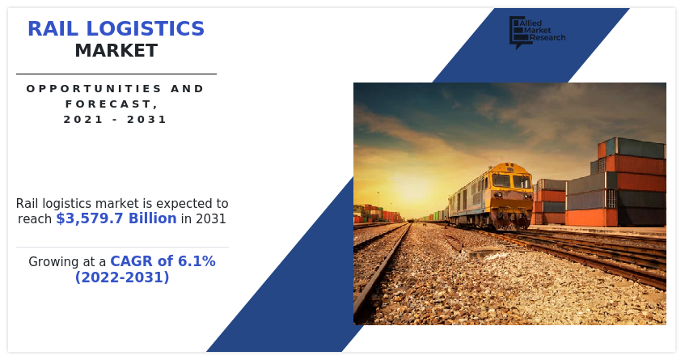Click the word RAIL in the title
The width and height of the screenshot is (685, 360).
click(53, 29)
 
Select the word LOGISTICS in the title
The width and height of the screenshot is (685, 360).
click(145, 29)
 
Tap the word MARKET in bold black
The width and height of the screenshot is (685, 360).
click(116, 51)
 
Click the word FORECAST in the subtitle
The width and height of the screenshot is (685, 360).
click(108, 104)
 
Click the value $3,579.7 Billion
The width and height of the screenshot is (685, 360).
click(116, 218)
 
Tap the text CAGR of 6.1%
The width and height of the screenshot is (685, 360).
click(163, 261)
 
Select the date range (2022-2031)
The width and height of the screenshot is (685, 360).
click(122, 277)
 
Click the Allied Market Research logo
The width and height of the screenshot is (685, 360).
click(537, 32)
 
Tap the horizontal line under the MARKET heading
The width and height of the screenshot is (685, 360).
click(116, 74)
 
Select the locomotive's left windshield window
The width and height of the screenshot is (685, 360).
click(501, 180)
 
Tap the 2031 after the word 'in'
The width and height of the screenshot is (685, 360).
click(210, 219)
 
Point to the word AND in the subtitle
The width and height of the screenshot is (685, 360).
click(187, 89)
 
